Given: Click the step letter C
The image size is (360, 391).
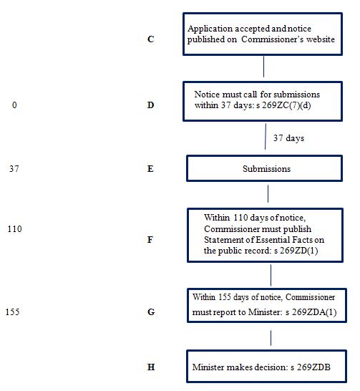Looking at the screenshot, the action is click(x=151, y=39).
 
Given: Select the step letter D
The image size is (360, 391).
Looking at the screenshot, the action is click(x=150, y=105).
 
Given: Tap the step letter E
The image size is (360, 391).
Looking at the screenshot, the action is click(x=150, y=169).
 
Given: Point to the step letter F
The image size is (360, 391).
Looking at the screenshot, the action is click(x=150, y=240).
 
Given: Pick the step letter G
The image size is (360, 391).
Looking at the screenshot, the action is click(x=151, y=312).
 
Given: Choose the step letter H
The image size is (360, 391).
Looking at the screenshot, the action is click(x=151, y=367).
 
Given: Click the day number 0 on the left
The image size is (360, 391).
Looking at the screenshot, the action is click(x=14, y=105).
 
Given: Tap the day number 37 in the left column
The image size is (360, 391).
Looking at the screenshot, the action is click(x=14, y=169).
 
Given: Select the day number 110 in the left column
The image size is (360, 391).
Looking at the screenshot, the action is click(x=15, y=229).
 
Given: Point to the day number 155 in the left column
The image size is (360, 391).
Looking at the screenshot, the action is click(x=12, y=312).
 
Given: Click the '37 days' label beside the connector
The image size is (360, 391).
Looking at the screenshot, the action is click(x=288, y=138).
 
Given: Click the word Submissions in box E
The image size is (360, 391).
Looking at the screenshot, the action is click(x=266, y=169).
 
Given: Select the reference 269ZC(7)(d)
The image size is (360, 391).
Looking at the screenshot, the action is click(x=286, y=105).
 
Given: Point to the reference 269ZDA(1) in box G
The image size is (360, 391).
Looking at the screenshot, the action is click(x=314, y=312).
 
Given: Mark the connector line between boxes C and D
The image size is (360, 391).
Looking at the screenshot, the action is click(x=263, y=67).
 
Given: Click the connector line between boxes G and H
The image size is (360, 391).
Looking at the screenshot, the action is click(x=271, y=338).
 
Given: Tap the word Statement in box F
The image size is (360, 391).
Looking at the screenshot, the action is click(x=220, y=240).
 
